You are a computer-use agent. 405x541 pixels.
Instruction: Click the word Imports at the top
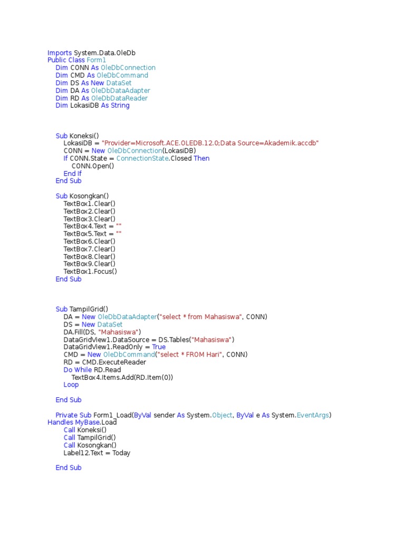point(60,53)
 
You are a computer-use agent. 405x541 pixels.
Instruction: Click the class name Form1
point(97,60)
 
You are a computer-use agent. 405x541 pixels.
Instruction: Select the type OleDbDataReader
point(119,98)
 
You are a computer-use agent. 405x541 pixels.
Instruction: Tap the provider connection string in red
point(210,143)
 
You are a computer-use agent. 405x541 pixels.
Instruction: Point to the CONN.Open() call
point(93,166)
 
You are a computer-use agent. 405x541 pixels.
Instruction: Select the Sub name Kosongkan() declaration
point(89,196)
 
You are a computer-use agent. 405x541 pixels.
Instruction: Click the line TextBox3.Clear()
point(90,219)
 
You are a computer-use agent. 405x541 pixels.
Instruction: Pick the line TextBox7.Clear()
point(90,249)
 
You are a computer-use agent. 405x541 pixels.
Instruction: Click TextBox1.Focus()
point(90,272)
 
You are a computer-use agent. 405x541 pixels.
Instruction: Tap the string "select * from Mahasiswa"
point(201,316)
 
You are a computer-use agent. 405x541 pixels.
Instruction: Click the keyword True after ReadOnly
point(159,347)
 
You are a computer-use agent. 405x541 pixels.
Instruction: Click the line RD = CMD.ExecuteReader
point(105,362)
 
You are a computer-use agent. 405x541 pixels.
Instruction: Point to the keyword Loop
point(71,385)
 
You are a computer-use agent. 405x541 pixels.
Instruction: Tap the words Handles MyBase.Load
point(82,423)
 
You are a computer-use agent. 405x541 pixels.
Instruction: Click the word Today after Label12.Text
point(121,453)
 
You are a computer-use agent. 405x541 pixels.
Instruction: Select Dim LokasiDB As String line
point(93,106)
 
